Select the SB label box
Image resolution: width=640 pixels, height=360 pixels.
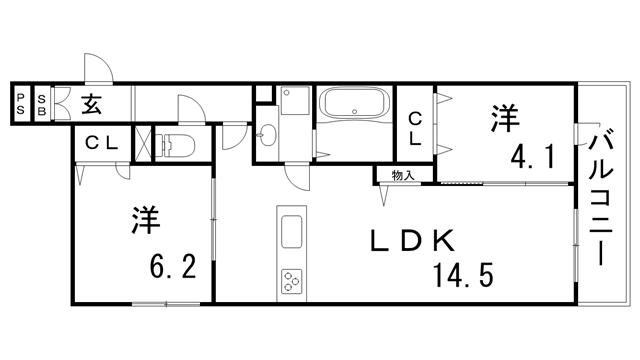tap(41, 104)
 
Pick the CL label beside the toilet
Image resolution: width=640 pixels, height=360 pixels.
tap(100, 143)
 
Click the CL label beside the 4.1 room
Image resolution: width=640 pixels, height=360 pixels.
tap(415, 130)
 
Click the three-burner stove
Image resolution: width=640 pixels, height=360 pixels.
tap(291, 282)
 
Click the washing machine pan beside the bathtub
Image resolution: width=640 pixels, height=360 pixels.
tap(295, 102)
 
